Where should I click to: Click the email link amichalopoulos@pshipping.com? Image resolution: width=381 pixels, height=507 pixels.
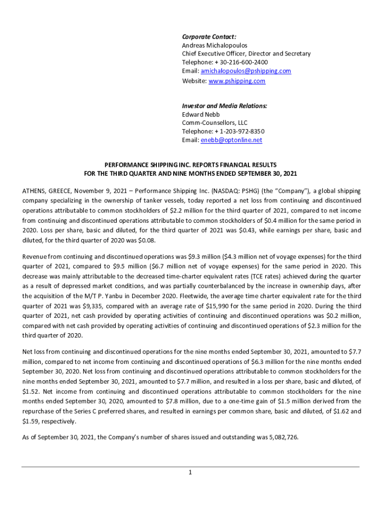(246, 71)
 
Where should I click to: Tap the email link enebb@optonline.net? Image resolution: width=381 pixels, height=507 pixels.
(231, 140)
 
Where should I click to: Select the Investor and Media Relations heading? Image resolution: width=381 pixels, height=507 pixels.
(224, 106)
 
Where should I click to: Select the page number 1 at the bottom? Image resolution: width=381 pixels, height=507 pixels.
(190, 472)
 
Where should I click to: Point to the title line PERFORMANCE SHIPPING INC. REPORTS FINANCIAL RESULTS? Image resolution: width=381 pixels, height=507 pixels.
(190, 164)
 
